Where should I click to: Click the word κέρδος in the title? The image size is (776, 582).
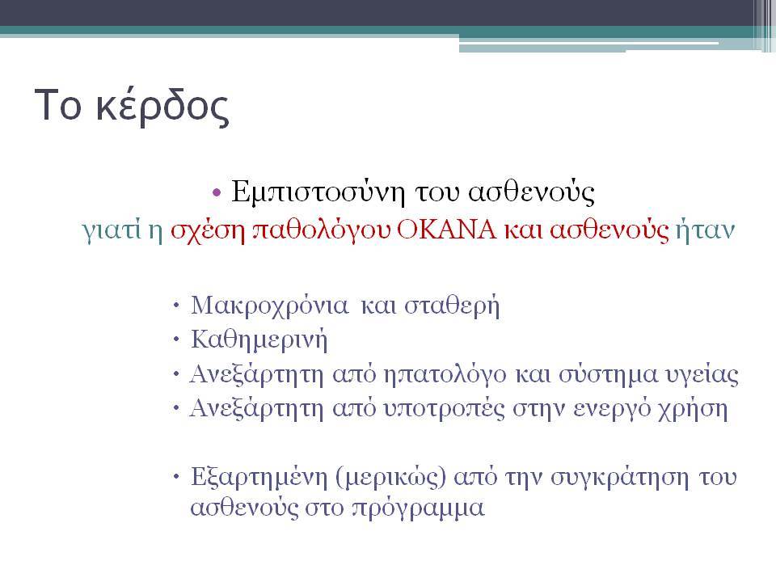pos(162,105)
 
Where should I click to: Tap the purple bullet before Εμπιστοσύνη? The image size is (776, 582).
pos(217,192)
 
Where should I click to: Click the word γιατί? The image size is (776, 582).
pos(112,230)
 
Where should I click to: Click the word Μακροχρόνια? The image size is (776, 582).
pos(270,306)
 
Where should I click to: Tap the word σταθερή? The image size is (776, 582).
pos(451,306)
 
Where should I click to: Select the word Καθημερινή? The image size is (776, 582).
pos(259,340)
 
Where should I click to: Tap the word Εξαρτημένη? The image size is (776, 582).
pos(259,478)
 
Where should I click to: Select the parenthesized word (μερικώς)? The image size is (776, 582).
pos(391,478)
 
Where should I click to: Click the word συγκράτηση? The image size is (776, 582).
pos(619,478)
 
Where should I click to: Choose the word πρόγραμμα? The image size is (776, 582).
pos(418,508)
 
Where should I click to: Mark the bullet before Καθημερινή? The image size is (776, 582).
pos(176,340)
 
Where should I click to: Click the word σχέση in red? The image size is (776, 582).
pos(208,230)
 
